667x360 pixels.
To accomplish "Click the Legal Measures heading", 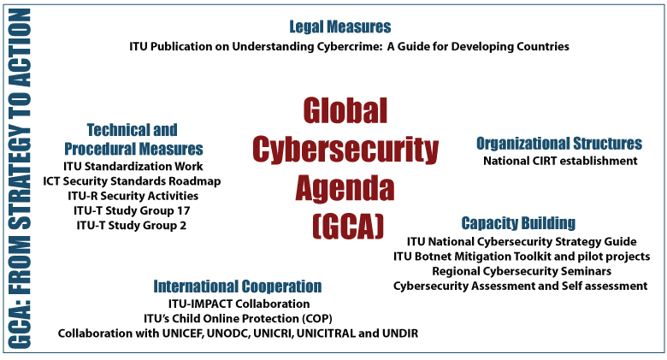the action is click(x=339, y=27).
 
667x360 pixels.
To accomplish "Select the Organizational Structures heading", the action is click(x=559, y=144).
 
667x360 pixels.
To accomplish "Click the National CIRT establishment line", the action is click(x=560, y=161).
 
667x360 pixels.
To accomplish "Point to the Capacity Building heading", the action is click(x=518, y=223).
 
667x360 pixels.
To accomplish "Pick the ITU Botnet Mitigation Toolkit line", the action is click(x=522, y=257).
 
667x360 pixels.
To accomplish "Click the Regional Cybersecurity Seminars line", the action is click(x=522, y=271).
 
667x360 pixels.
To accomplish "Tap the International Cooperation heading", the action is click(x=238, y=286).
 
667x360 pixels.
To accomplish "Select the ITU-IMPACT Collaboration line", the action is click(x=239, y=304).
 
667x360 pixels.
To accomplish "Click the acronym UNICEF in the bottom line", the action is click(x=183, y=333).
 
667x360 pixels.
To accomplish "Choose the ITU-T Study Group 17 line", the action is click(x=132, y=210).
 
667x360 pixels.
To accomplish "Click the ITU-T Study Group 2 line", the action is click(x=132, y=225).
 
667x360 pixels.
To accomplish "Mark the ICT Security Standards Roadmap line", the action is click(x=132, y=181).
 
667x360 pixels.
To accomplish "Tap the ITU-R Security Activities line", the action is click(x=133, y=196).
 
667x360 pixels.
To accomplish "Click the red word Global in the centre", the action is click(x=345, y=110).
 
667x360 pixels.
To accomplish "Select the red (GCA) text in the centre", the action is click(x=348, y=227).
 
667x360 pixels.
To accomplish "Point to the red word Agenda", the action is click(x=345, y=189).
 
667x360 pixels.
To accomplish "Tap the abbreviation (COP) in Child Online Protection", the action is click(x=317, y=319).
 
